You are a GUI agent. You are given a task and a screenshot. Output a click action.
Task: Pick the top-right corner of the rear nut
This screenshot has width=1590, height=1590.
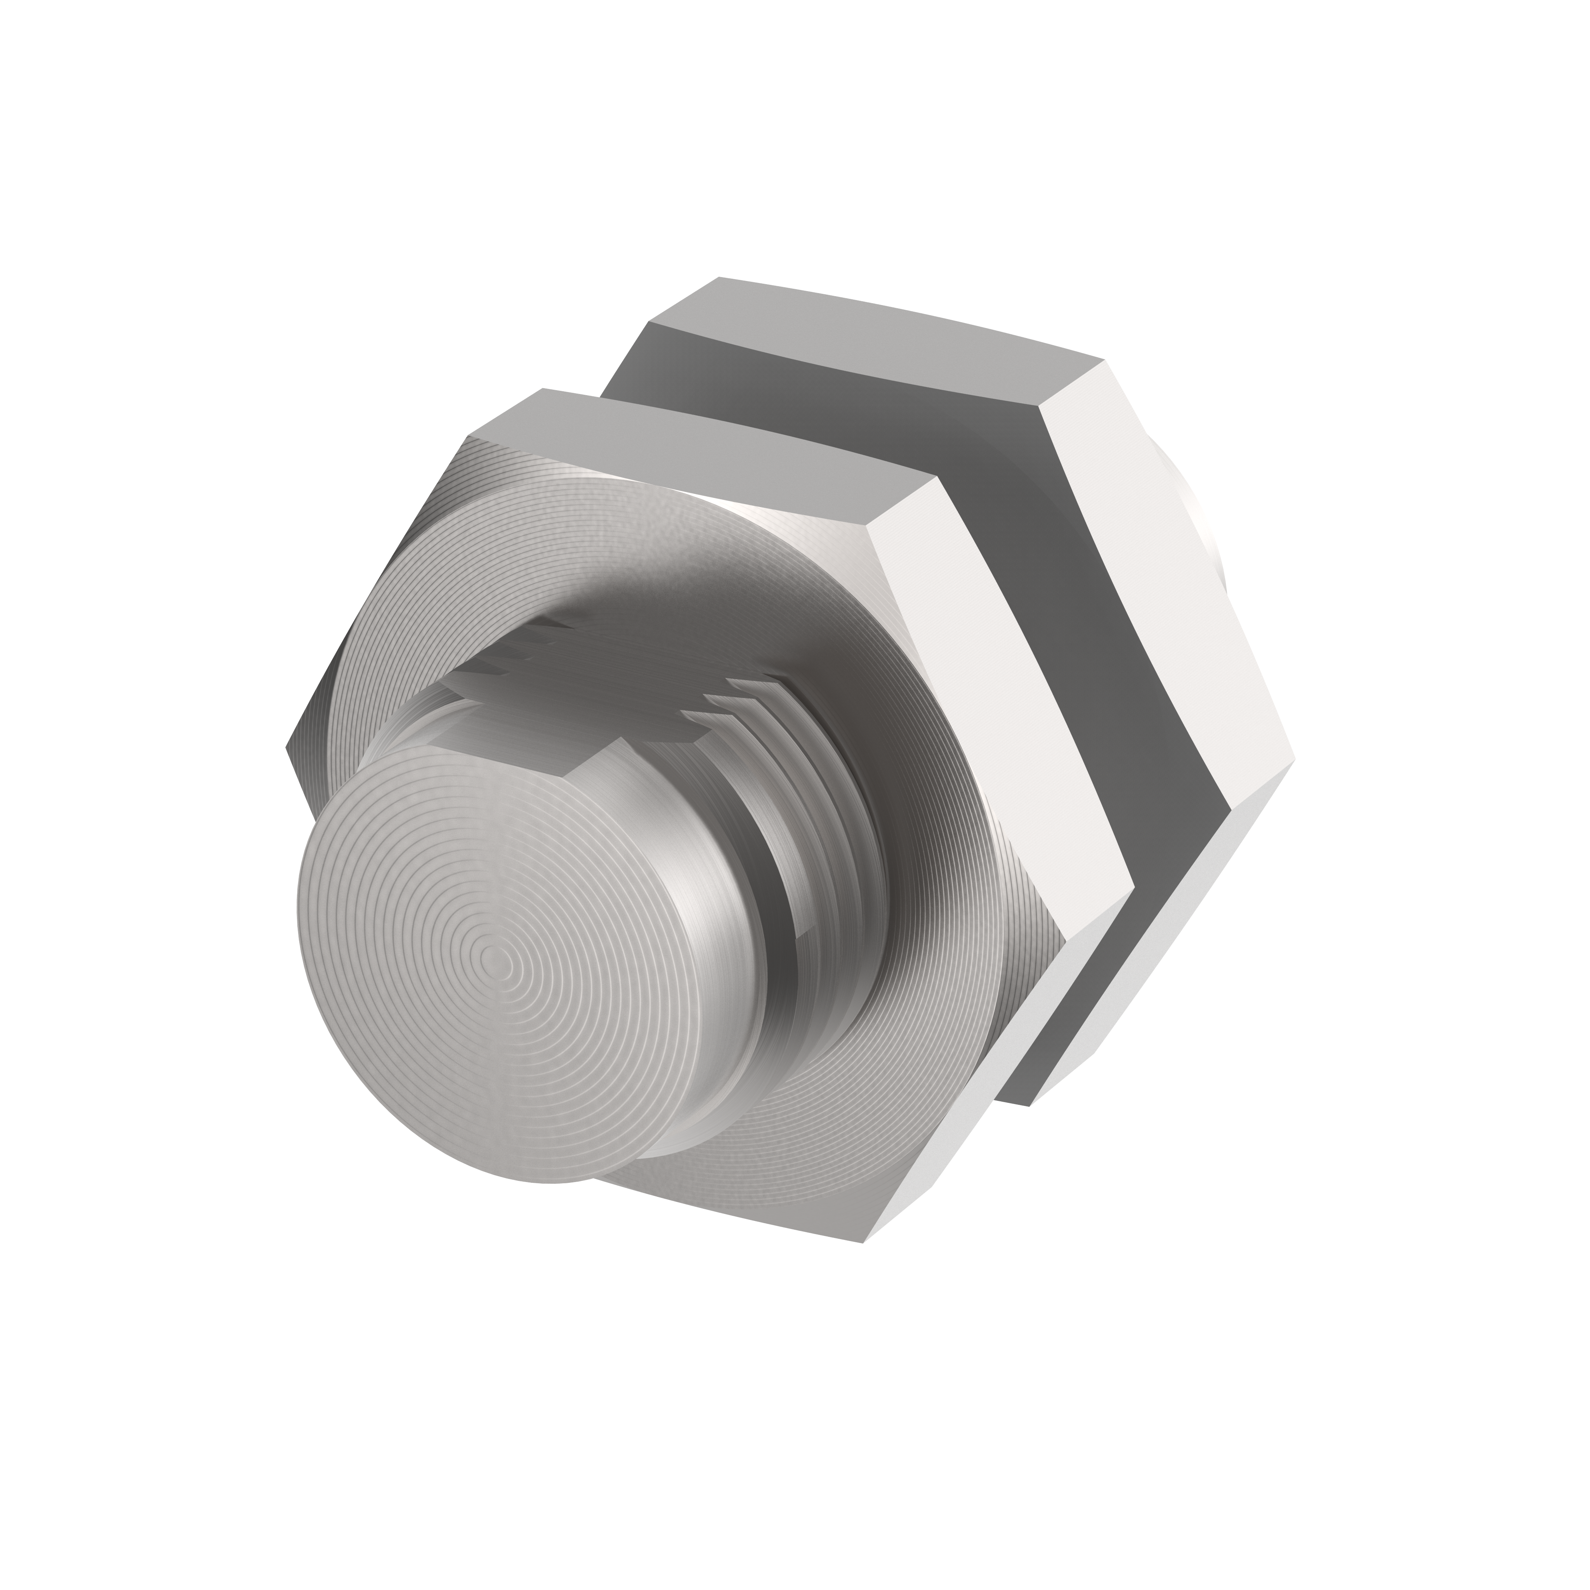point(1103,361)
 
